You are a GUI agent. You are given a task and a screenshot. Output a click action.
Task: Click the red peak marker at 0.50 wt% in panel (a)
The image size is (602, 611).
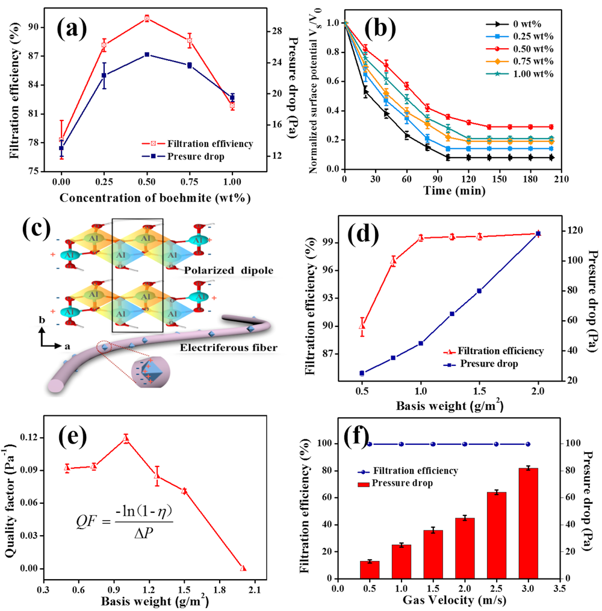147,19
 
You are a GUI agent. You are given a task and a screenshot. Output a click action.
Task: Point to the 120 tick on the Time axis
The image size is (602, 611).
467,179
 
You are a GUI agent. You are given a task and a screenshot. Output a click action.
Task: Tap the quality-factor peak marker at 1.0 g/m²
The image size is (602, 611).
126,439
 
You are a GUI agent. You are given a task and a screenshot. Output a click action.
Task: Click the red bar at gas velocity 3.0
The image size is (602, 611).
528,523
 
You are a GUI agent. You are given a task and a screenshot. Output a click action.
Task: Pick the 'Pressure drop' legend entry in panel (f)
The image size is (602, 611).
401,483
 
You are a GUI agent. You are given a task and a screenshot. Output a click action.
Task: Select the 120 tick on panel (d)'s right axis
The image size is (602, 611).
571,231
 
